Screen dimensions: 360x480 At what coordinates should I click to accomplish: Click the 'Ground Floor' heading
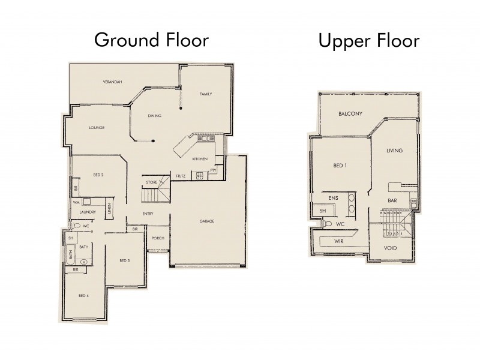click(x=151, y=40)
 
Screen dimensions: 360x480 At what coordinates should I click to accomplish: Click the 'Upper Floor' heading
click(x=368, y=40)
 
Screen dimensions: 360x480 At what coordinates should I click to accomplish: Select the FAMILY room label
click(x=206, y=94)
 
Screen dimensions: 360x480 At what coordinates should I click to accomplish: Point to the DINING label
click(x=155, y=116)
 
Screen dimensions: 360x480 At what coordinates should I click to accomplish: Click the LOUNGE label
click(x=97, y=127)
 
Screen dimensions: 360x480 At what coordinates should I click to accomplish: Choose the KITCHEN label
click(x=200, y=159)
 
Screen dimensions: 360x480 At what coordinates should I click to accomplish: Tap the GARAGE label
click(x=208, y=221)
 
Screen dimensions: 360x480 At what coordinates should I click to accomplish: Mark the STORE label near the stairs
click(x=151, y=182)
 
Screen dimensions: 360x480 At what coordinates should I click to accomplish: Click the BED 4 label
click(x=83, y=295)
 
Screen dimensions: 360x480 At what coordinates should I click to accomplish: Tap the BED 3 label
click(x=124, y=260)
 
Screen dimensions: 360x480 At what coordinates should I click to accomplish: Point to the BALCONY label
click(x=350, y=114)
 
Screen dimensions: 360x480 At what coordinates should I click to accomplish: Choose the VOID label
click(x=390, y=248)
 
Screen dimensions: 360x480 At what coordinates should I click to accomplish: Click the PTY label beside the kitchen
click(x=214, y=170)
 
